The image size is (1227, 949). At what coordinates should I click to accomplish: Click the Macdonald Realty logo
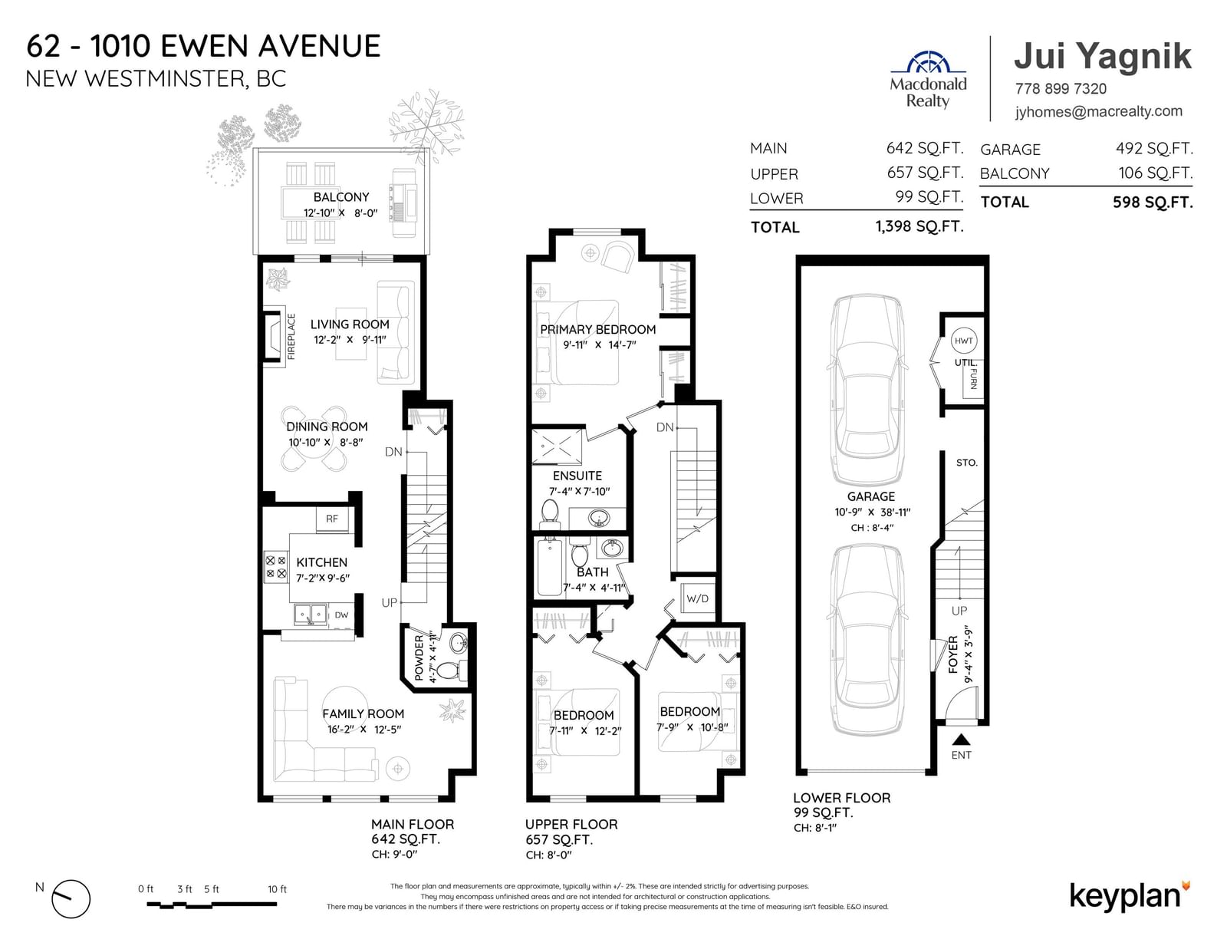928,80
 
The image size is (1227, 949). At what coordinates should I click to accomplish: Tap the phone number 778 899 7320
1061,89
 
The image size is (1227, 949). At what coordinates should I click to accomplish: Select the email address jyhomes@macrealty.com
1098,111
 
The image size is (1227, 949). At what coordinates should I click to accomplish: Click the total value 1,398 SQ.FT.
919,226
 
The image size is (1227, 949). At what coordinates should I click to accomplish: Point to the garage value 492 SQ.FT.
1154,149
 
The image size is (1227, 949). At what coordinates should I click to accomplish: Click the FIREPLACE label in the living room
291,337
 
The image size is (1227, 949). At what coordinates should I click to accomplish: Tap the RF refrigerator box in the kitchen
332,519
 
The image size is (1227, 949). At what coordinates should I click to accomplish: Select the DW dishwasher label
341,615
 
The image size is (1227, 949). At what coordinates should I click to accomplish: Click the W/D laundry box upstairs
697,598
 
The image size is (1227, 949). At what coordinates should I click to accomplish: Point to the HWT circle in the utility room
963,341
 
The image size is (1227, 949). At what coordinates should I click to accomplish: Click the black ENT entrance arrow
961,740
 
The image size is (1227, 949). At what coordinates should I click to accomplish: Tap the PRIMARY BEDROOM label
598,329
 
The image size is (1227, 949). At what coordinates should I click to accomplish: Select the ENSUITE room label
577,476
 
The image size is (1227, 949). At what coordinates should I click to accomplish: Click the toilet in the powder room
449,671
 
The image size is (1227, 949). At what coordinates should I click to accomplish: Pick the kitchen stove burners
275,567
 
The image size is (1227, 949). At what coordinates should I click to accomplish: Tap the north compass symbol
71,898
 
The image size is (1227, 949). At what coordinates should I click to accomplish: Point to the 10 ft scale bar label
277,889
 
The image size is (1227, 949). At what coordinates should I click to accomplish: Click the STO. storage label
967,463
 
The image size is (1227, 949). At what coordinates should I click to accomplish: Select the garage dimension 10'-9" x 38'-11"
873,512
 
